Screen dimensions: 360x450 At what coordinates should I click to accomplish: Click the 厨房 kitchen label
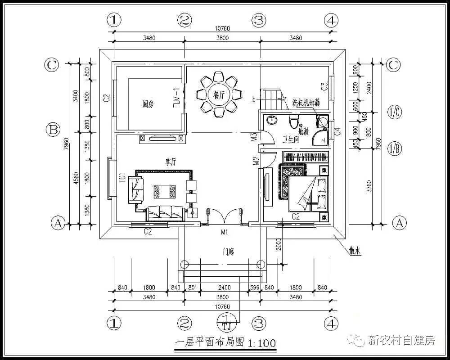tap(148, 104)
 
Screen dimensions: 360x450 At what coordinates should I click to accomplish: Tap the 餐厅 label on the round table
tap(219, 94)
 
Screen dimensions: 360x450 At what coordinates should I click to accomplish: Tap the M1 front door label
tap(224, 232)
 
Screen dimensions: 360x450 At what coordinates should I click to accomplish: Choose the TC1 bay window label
tap(121, 178)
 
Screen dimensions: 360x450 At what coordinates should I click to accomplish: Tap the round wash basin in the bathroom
tap(271, 120)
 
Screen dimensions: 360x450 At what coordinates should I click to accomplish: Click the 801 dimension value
tap(192, 288)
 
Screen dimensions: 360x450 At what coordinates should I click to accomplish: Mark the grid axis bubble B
tap(53, 130)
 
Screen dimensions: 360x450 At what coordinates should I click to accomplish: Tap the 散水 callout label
tap(355, 252)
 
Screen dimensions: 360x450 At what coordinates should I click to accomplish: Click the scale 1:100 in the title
tap(261, 343)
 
